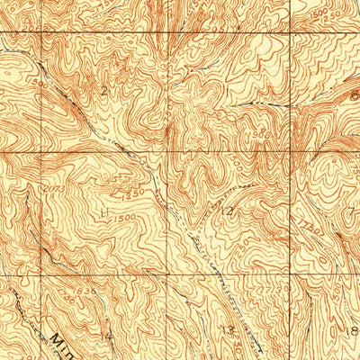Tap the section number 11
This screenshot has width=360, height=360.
coord(105,212)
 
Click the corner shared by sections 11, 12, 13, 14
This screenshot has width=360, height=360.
coord(166,274)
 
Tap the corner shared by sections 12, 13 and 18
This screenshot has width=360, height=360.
coord(290,274)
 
